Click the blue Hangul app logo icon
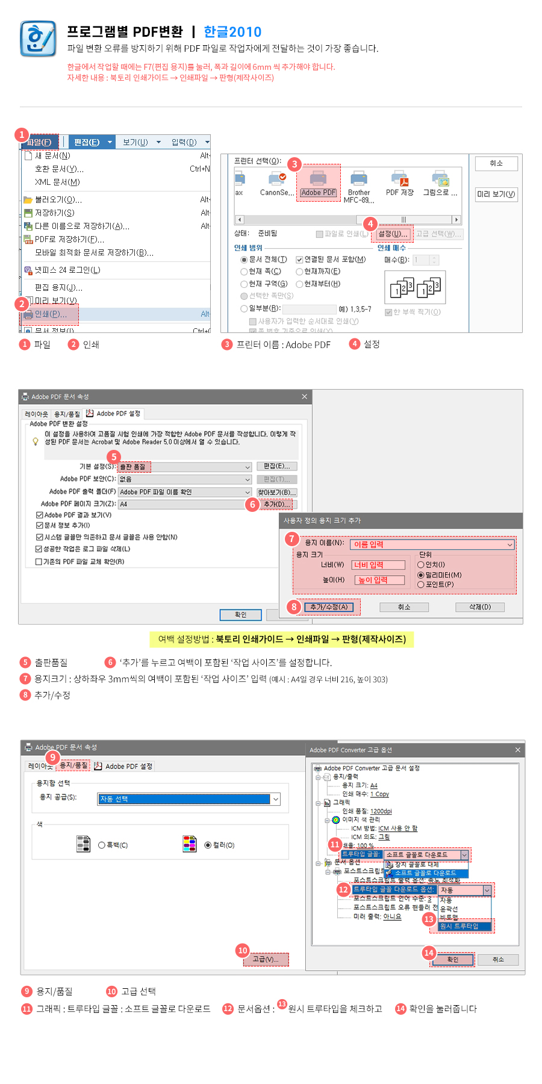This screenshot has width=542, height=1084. tap(38, 39)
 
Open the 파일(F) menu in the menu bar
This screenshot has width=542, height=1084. tap(40, 142)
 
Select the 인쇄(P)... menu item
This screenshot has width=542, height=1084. tap(51, 314)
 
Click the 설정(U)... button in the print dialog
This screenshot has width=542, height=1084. tap(394, 234)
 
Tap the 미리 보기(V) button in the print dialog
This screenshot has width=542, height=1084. tap(496, 194)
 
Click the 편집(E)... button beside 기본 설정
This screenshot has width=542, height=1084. tap(277, 466)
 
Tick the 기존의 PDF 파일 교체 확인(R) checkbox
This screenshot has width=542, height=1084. tap(39, 562)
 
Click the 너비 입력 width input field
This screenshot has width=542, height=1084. tap(378, 565)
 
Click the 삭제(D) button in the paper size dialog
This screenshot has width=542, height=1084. tap(480, 607)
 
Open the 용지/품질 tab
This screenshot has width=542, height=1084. tap(73, 765)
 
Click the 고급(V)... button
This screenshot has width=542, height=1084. tap(266, 959)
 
